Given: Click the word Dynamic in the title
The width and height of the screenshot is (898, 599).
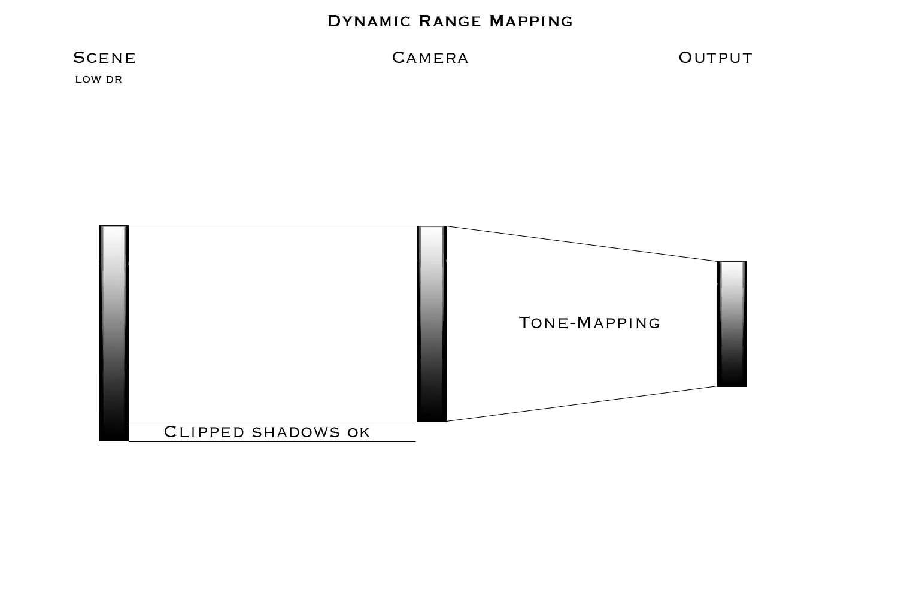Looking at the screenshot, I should (x=369, y=22).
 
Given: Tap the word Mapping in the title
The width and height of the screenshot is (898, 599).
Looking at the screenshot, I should (x=531, y=22).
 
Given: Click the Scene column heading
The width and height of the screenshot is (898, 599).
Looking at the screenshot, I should (x=105, y=58).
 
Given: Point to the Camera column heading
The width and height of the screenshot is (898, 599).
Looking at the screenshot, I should (x=430, y=58).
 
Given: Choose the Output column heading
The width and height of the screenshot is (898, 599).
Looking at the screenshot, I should (x=715, y=58).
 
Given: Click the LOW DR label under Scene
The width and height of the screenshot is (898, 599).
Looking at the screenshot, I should (x=98, y=80).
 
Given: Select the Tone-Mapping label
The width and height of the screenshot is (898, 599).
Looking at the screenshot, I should (x=590, y=323).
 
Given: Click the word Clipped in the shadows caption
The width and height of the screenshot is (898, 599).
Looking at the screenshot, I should (x=204, y=432).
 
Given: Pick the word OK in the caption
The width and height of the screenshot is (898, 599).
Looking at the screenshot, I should (x=359, y=432).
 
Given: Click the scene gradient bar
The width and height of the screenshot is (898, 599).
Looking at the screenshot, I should (x=114, y=332).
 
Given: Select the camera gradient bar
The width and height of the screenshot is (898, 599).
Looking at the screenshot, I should (x=432, y=323).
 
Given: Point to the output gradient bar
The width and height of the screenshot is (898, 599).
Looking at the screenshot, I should (x=732, y=323).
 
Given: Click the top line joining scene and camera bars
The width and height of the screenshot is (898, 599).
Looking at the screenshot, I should (x=272, y=226).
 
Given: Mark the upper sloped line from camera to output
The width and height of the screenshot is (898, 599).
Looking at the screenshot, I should (x=582, y=244).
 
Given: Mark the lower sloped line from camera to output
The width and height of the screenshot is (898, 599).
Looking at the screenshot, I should (x=582, y=404).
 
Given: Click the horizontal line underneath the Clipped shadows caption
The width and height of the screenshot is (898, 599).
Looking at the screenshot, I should (x=272, y=442).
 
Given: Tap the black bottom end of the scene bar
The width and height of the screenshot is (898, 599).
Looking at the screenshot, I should (x=114, y=434).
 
